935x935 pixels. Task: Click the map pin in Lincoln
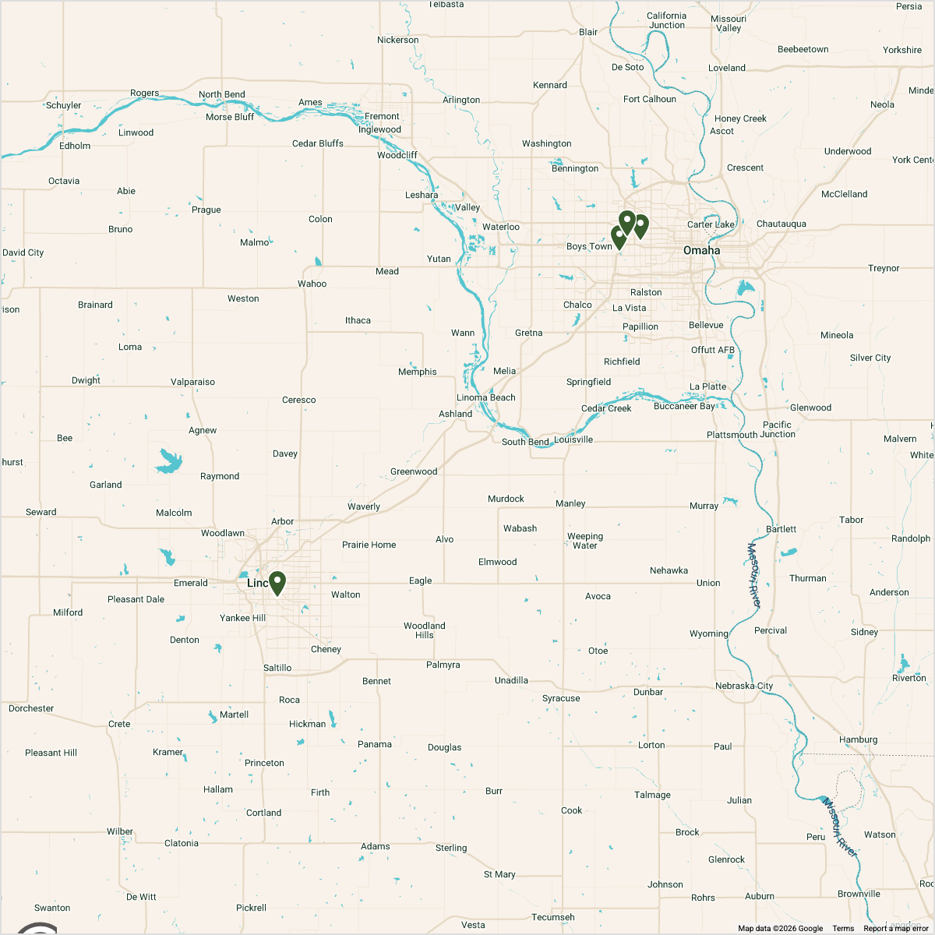[x=277, y=582]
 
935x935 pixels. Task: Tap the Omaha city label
[x=701, y=250]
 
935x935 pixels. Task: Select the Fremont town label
[x=382, y=116]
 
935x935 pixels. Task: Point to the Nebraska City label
[x=744, y=686]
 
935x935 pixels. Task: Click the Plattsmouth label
[x=732, y=435]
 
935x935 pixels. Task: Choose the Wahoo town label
[x=312, y=284]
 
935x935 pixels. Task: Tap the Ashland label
[x=455, y=414]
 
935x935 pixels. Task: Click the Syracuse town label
[x=561, y=698]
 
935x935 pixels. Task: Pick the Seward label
[x=41, y=512]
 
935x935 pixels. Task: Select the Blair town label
[x=588, y=32]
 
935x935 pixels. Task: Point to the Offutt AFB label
[x=713, y=350]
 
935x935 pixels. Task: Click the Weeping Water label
[x=585, y=541]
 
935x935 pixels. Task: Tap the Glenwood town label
[x=810, y=408]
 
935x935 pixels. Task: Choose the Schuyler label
[x=64, y=105]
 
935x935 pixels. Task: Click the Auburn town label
[x=760, y=896]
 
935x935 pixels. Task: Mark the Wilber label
[x=120, y=831]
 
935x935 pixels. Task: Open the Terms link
[x=843, y=928]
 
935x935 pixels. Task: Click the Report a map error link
[x=896, y=928]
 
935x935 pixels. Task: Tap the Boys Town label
[x=589, y=246]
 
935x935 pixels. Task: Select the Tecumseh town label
[x=553, y=917]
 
